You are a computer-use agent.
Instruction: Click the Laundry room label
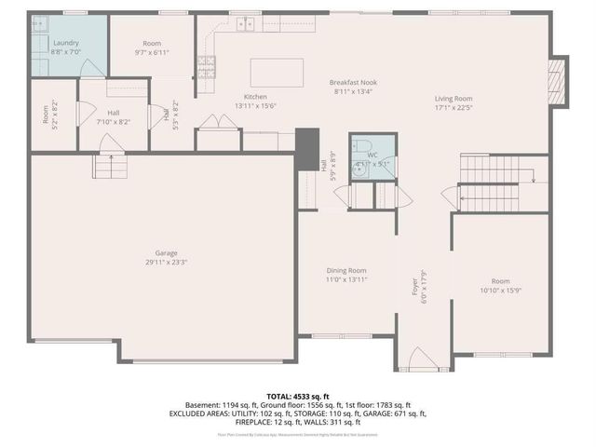click(66, 44)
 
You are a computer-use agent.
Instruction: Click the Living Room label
click(454, 98)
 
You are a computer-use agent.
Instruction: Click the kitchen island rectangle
click(276, 73)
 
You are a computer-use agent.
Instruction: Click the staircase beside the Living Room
click(489, 183)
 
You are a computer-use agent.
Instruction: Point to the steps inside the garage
click(108, 166)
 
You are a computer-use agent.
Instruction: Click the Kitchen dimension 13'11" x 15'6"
click(255, 105)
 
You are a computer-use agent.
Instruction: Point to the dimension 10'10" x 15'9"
click(501, 290)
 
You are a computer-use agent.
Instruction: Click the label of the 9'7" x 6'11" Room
click(152, 44)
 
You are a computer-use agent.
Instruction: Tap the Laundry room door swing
click(91, 68)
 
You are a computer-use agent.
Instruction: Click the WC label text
click(372, 155)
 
